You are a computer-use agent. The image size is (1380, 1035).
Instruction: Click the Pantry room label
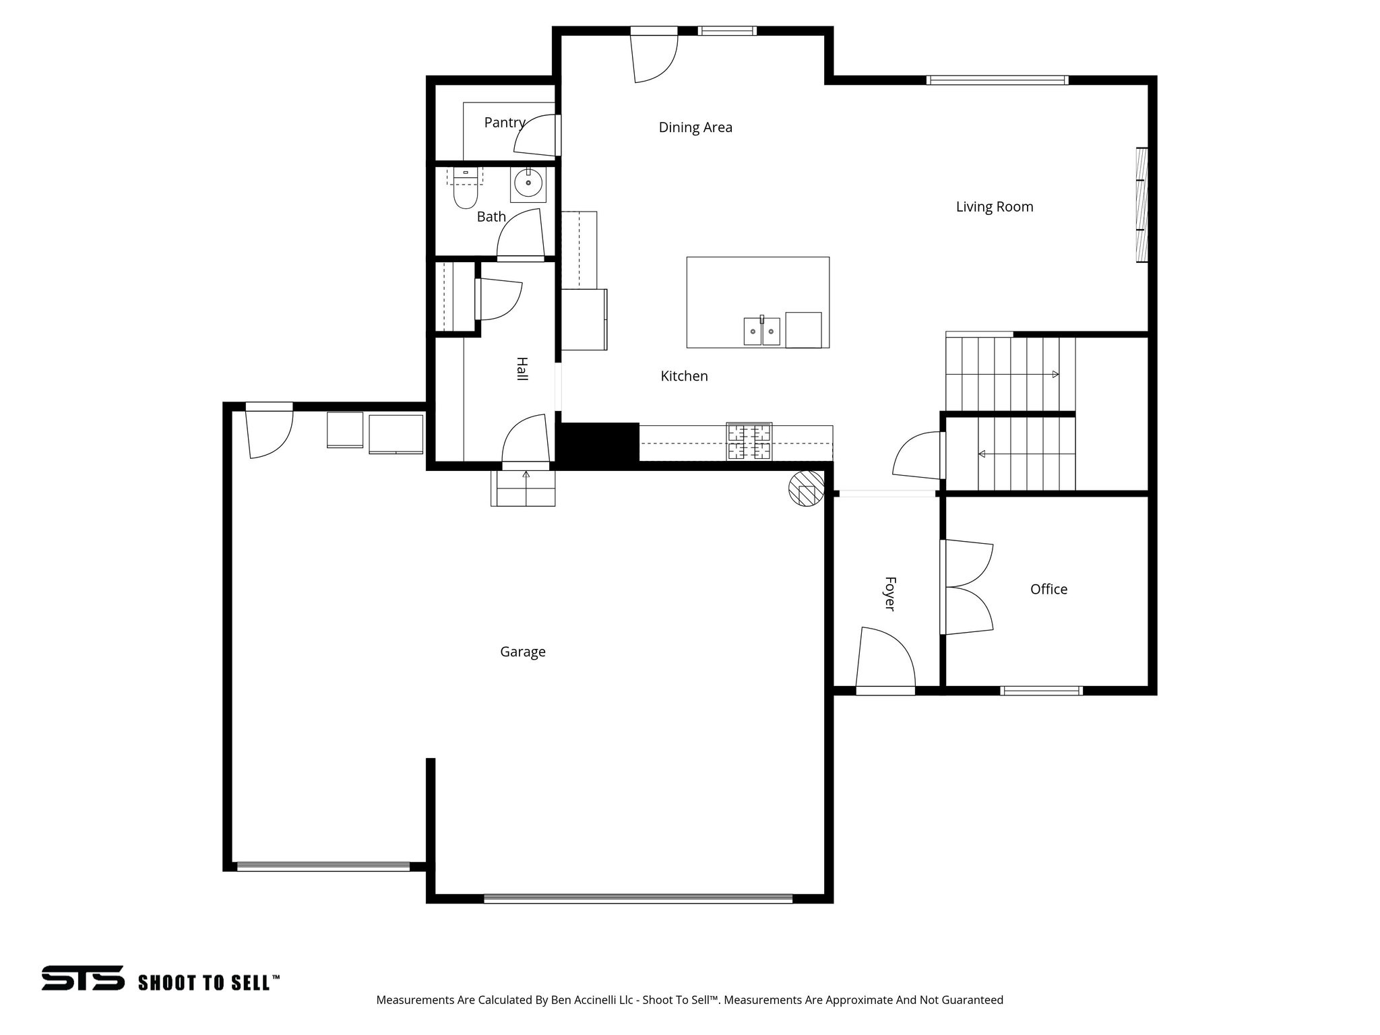(505, 123)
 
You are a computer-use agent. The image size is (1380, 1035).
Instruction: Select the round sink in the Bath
(528, 183)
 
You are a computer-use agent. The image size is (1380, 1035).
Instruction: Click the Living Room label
(994, 207)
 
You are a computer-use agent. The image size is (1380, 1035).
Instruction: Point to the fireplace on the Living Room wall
(1141, 205)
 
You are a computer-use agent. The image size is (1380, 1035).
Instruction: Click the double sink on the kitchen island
(761, 332)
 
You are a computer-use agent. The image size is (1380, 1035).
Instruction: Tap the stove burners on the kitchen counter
(749, 442)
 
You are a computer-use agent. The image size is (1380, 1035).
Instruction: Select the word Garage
(522, 652)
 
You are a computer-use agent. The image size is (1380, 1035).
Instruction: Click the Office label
(1048, 590)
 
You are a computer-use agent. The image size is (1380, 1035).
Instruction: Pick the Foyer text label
(889, 594)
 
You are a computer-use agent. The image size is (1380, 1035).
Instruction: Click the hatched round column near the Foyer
(806, 487)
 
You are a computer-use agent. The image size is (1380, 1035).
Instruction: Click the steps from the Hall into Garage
(523, 488)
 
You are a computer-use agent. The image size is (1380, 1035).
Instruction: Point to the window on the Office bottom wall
(1041, 690)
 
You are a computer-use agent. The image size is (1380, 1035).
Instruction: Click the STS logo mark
(83, 978)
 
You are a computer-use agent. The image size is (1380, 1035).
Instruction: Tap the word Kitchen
(684, 376)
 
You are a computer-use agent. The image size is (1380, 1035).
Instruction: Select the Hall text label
(521, 369)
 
